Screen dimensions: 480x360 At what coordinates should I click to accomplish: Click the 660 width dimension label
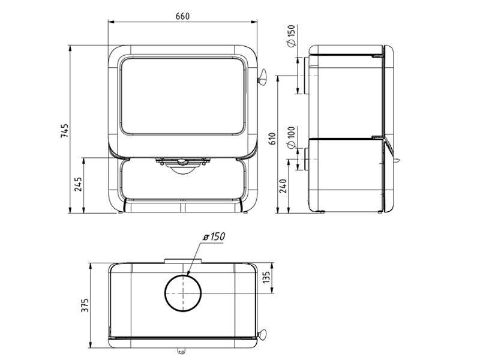click(182, 16)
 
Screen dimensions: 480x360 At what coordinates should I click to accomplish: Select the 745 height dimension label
click(65, 131)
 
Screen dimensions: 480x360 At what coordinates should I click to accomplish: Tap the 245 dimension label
click(79, 184)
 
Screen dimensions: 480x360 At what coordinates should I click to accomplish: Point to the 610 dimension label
click(272, 139)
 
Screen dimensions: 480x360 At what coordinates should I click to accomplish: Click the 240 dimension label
click(283, 186)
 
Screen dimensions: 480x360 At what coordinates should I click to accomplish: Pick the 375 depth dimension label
click(85, 305)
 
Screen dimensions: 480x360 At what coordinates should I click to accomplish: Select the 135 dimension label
click(266, 277)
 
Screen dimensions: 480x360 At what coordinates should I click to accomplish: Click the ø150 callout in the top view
click(214, 236)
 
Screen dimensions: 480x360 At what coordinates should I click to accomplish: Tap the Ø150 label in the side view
click(292, 36)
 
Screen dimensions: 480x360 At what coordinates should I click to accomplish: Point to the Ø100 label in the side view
click(292, 137)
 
